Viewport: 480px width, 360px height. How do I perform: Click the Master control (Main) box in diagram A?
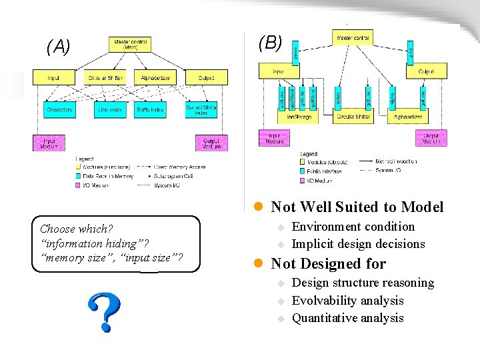click(x=131, y=44)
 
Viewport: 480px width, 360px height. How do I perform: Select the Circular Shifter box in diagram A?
click(x=105, y=78)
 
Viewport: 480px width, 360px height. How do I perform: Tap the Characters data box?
click(x=59, y=109)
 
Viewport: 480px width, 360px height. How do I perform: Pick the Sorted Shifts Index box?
click(x=201, y=109)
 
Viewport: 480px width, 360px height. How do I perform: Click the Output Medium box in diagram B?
click(x=431, y=138)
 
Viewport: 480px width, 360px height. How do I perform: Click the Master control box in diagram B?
click(x=353, y=37)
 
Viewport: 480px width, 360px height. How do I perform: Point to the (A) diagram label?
click(x=58, y=47)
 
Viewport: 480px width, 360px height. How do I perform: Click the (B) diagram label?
click(x=270, y=43)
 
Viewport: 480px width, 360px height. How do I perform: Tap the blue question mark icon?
click(x=105, y=312)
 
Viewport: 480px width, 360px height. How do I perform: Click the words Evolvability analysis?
click(x=347, y=301)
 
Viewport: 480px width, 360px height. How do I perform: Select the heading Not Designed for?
click(x=328, y=263)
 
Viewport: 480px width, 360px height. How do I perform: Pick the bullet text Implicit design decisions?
click(x=358, y=244)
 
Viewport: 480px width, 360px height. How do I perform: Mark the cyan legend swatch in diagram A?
click(x=78, y=176)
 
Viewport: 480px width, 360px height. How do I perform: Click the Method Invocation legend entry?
click(x=397, y=161)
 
